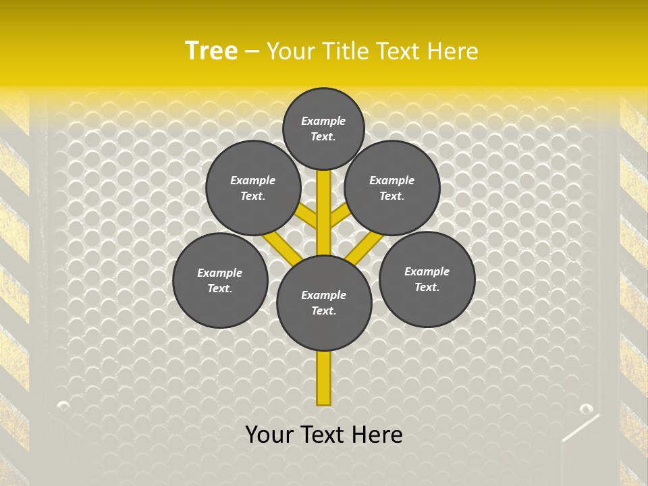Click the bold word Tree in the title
point(211,51)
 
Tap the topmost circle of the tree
point(323,129)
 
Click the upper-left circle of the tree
point(253,188)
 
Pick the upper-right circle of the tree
point(392,188)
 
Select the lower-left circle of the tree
point(220,280)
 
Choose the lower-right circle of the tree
point(427,279)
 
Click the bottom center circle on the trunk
point(324,303)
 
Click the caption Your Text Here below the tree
point(324,435)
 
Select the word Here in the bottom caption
point(375,435)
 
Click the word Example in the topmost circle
point(323,122)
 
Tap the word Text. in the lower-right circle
point(427,288)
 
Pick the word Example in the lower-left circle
point(220,273)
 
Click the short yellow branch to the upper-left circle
point(308,217)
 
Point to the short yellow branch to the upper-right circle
point(340,216)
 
